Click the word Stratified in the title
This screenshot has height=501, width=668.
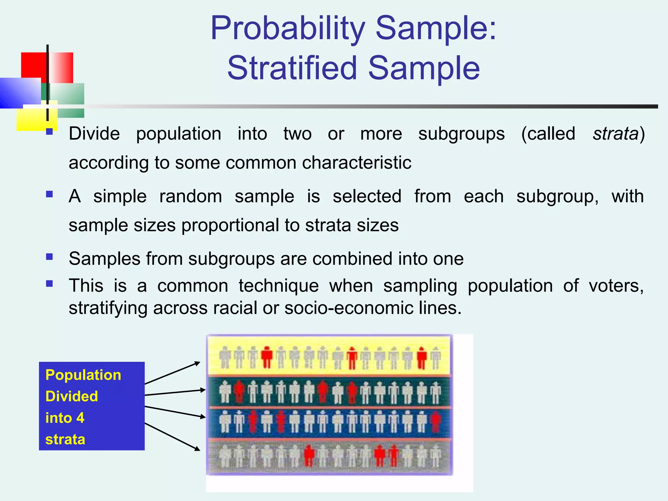tap(292, 68)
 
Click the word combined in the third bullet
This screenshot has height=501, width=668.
tap(352, 259)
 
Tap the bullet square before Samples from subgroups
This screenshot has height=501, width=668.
tap(50, 256)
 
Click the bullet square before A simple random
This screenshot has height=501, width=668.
tap(50, 194)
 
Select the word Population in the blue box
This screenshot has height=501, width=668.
tap(83, 375)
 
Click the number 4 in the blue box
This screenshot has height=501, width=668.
tap(80, 418)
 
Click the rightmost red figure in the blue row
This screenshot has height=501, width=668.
tap(435, 422)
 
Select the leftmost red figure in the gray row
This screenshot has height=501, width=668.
tap(309, 455)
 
